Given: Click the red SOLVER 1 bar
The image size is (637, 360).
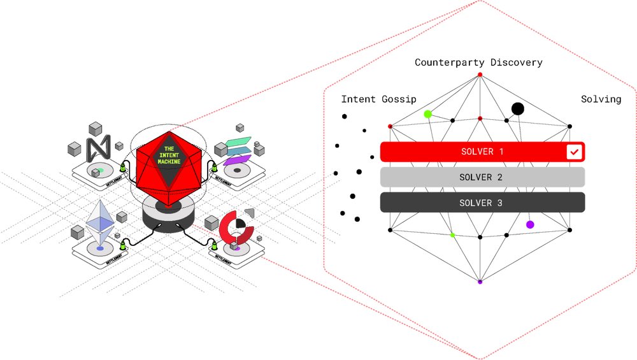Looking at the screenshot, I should point(471,152).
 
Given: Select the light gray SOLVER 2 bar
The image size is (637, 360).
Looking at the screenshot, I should point(482,177).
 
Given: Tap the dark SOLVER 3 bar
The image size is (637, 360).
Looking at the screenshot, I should point(482,203).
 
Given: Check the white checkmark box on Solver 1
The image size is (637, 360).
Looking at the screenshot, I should point(574,152).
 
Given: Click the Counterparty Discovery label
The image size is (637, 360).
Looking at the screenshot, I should point(478,62).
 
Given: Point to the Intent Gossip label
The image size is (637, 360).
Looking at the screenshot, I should point(378,99).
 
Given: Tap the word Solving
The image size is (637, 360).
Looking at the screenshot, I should point(601,99).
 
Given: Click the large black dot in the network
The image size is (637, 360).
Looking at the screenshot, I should point(518,109).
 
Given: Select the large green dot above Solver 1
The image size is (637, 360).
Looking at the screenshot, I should point(428,114).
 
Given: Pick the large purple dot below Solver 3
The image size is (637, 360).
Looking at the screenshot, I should point(530,224).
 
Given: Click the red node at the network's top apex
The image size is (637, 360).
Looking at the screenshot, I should point(480,75).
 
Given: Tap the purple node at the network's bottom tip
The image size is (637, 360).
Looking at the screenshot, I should point(480,281).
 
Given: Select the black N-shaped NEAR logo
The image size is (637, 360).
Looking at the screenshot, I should point(99,148).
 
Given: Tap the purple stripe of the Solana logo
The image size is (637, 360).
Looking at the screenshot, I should point(236,159).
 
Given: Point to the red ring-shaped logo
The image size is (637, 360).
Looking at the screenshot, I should point(236,228).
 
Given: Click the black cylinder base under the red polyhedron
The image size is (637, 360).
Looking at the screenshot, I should point(166,220).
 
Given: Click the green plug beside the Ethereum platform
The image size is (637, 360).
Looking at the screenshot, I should point(123,245).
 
